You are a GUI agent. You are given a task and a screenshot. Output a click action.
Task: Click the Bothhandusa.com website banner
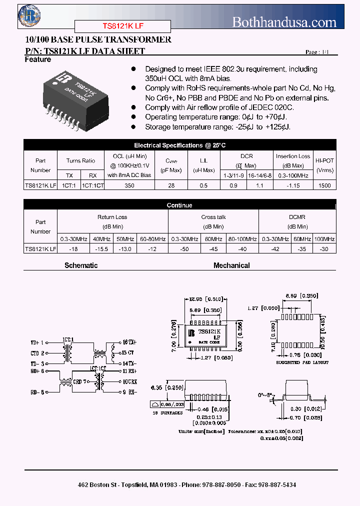coord(284,22)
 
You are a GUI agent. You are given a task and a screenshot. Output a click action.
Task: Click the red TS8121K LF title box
coord(122,26)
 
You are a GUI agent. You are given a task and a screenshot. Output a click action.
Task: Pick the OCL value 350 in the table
coord(129,185)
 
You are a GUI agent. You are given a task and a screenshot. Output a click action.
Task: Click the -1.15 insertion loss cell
coord(293,185)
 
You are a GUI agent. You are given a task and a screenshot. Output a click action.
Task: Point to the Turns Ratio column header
coord(80,160)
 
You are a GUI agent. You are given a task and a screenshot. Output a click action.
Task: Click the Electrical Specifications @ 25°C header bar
coord(180,145)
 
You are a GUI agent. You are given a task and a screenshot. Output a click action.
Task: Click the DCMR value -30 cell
coord(324,248)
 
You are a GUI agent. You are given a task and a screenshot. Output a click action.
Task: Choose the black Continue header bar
coord(180,205)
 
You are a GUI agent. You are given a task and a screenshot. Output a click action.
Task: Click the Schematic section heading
coord(81,265)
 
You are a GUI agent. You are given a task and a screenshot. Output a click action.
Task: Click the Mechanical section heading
coord(231,265)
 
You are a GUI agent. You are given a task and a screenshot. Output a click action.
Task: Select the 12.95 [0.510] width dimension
coord(206,299)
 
